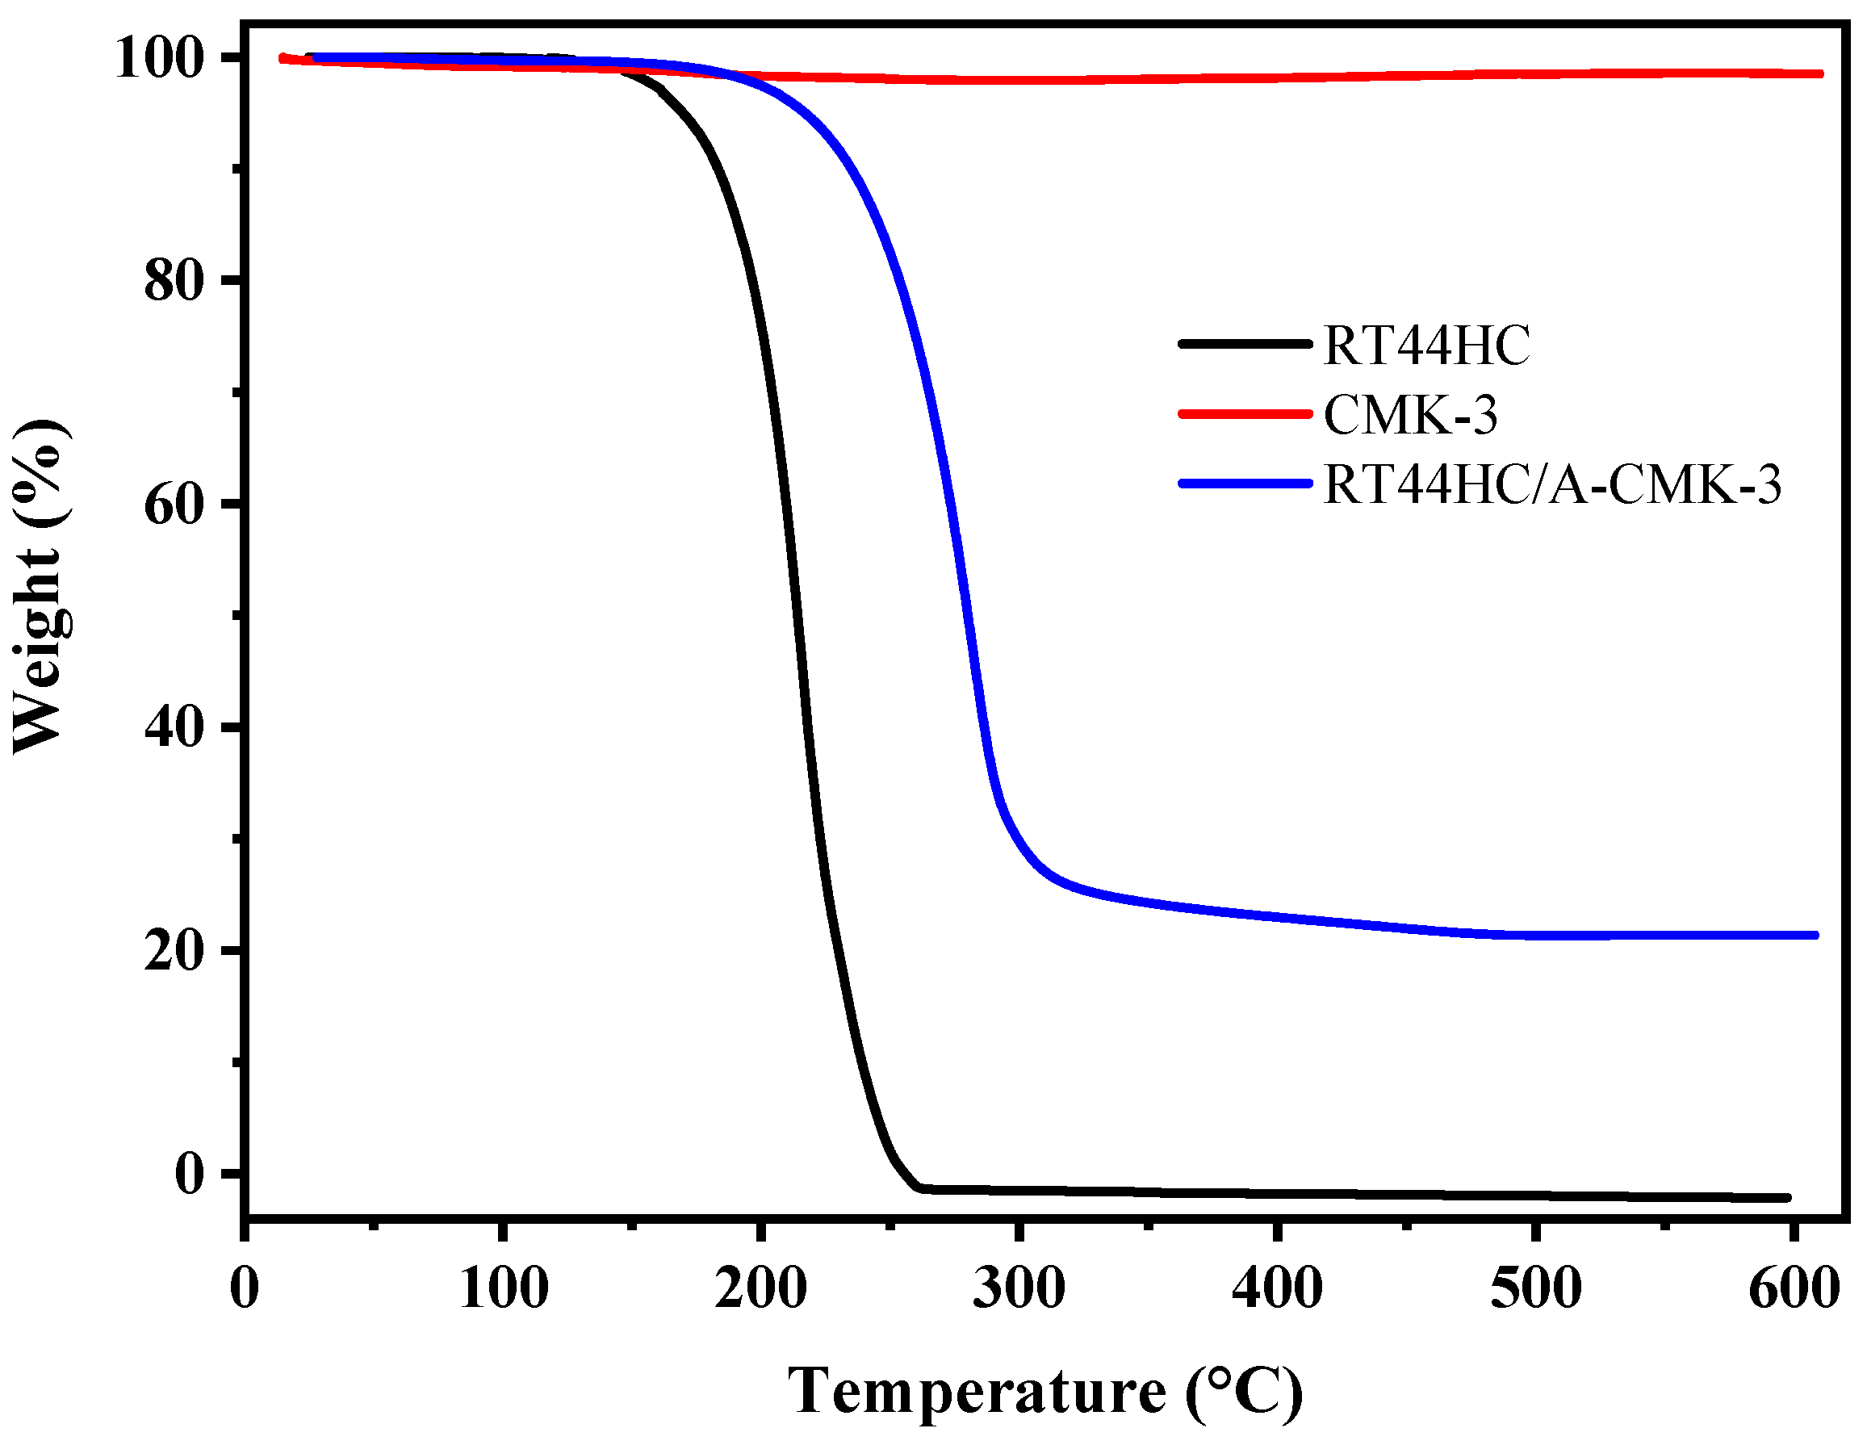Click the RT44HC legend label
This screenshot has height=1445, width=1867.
[x=1426, y=346]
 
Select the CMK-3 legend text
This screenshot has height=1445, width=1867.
[x=1410, y=417]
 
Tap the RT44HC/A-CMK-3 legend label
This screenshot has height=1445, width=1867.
[x=1551, y=486]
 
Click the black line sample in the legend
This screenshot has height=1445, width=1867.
[x=1245, y=344]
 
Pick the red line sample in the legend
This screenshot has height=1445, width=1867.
[x=1245, y=414]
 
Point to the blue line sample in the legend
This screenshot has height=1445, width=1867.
[x=1245, y=484]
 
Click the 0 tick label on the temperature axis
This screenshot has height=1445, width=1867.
[x=245, y=1288]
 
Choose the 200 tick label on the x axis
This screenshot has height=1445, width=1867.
[x=761, y=1288]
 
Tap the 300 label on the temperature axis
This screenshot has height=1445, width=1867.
[x=1019, y=1288]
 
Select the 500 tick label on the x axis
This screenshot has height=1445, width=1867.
[x=1536, y=1288]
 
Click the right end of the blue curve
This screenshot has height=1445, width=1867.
[x=1814, y=936]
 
